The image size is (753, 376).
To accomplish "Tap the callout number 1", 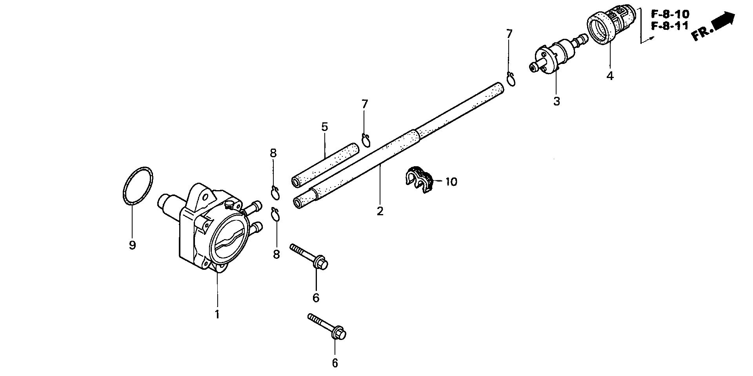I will point(217,314).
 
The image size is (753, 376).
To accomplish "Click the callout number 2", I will point(380,211).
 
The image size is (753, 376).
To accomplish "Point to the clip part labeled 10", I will point(418,180).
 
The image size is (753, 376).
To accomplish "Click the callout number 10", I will point(451,182).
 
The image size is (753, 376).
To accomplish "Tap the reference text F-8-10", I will point(670,15).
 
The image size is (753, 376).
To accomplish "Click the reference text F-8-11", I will point(670,26).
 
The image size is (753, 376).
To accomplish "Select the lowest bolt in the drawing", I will point(327,327).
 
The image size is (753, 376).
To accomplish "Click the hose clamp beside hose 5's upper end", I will point(366,140).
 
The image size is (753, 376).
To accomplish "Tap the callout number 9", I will point(132,245).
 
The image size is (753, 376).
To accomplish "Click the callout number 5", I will point(324,127).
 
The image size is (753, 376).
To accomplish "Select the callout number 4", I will point(609,76).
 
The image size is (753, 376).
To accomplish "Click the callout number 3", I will point(557,101).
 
